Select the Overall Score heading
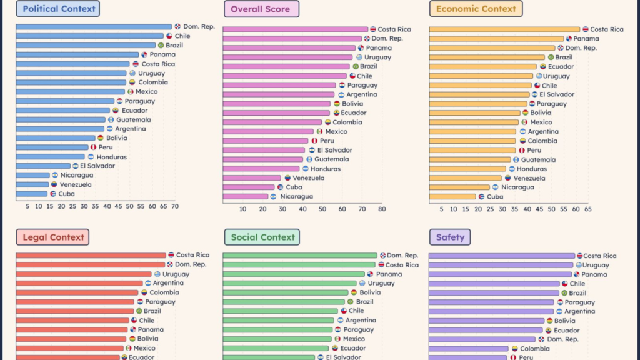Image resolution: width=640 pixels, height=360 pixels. [261, 9]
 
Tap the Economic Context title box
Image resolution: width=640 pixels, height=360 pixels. [476, 9]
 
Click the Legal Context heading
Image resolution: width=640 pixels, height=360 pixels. [52, 237]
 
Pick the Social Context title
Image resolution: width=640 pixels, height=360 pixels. [262, 237]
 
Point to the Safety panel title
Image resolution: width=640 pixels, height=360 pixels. [450, 237]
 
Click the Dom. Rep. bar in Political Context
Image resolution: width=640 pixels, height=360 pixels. [94, 26]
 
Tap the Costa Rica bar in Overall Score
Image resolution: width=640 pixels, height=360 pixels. [295, 29]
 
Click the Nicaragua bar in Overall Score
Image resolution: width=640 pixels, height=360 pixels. [245, 196]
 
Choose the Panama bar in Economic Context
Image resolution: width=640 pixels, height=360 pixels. [496, 39]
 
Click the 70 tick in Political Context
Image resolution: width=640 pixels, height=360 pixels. [174, 206]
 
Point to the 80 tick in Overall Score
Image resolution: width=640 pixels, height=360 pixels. [382, 209]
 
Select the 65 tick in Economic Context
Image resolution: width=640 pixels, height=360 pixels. [587, 209]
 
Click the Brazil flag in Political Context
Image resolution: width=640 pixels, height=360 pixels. [161, 45]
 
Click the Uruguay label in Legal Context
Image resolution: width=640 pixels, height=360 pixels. [176, 274]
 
